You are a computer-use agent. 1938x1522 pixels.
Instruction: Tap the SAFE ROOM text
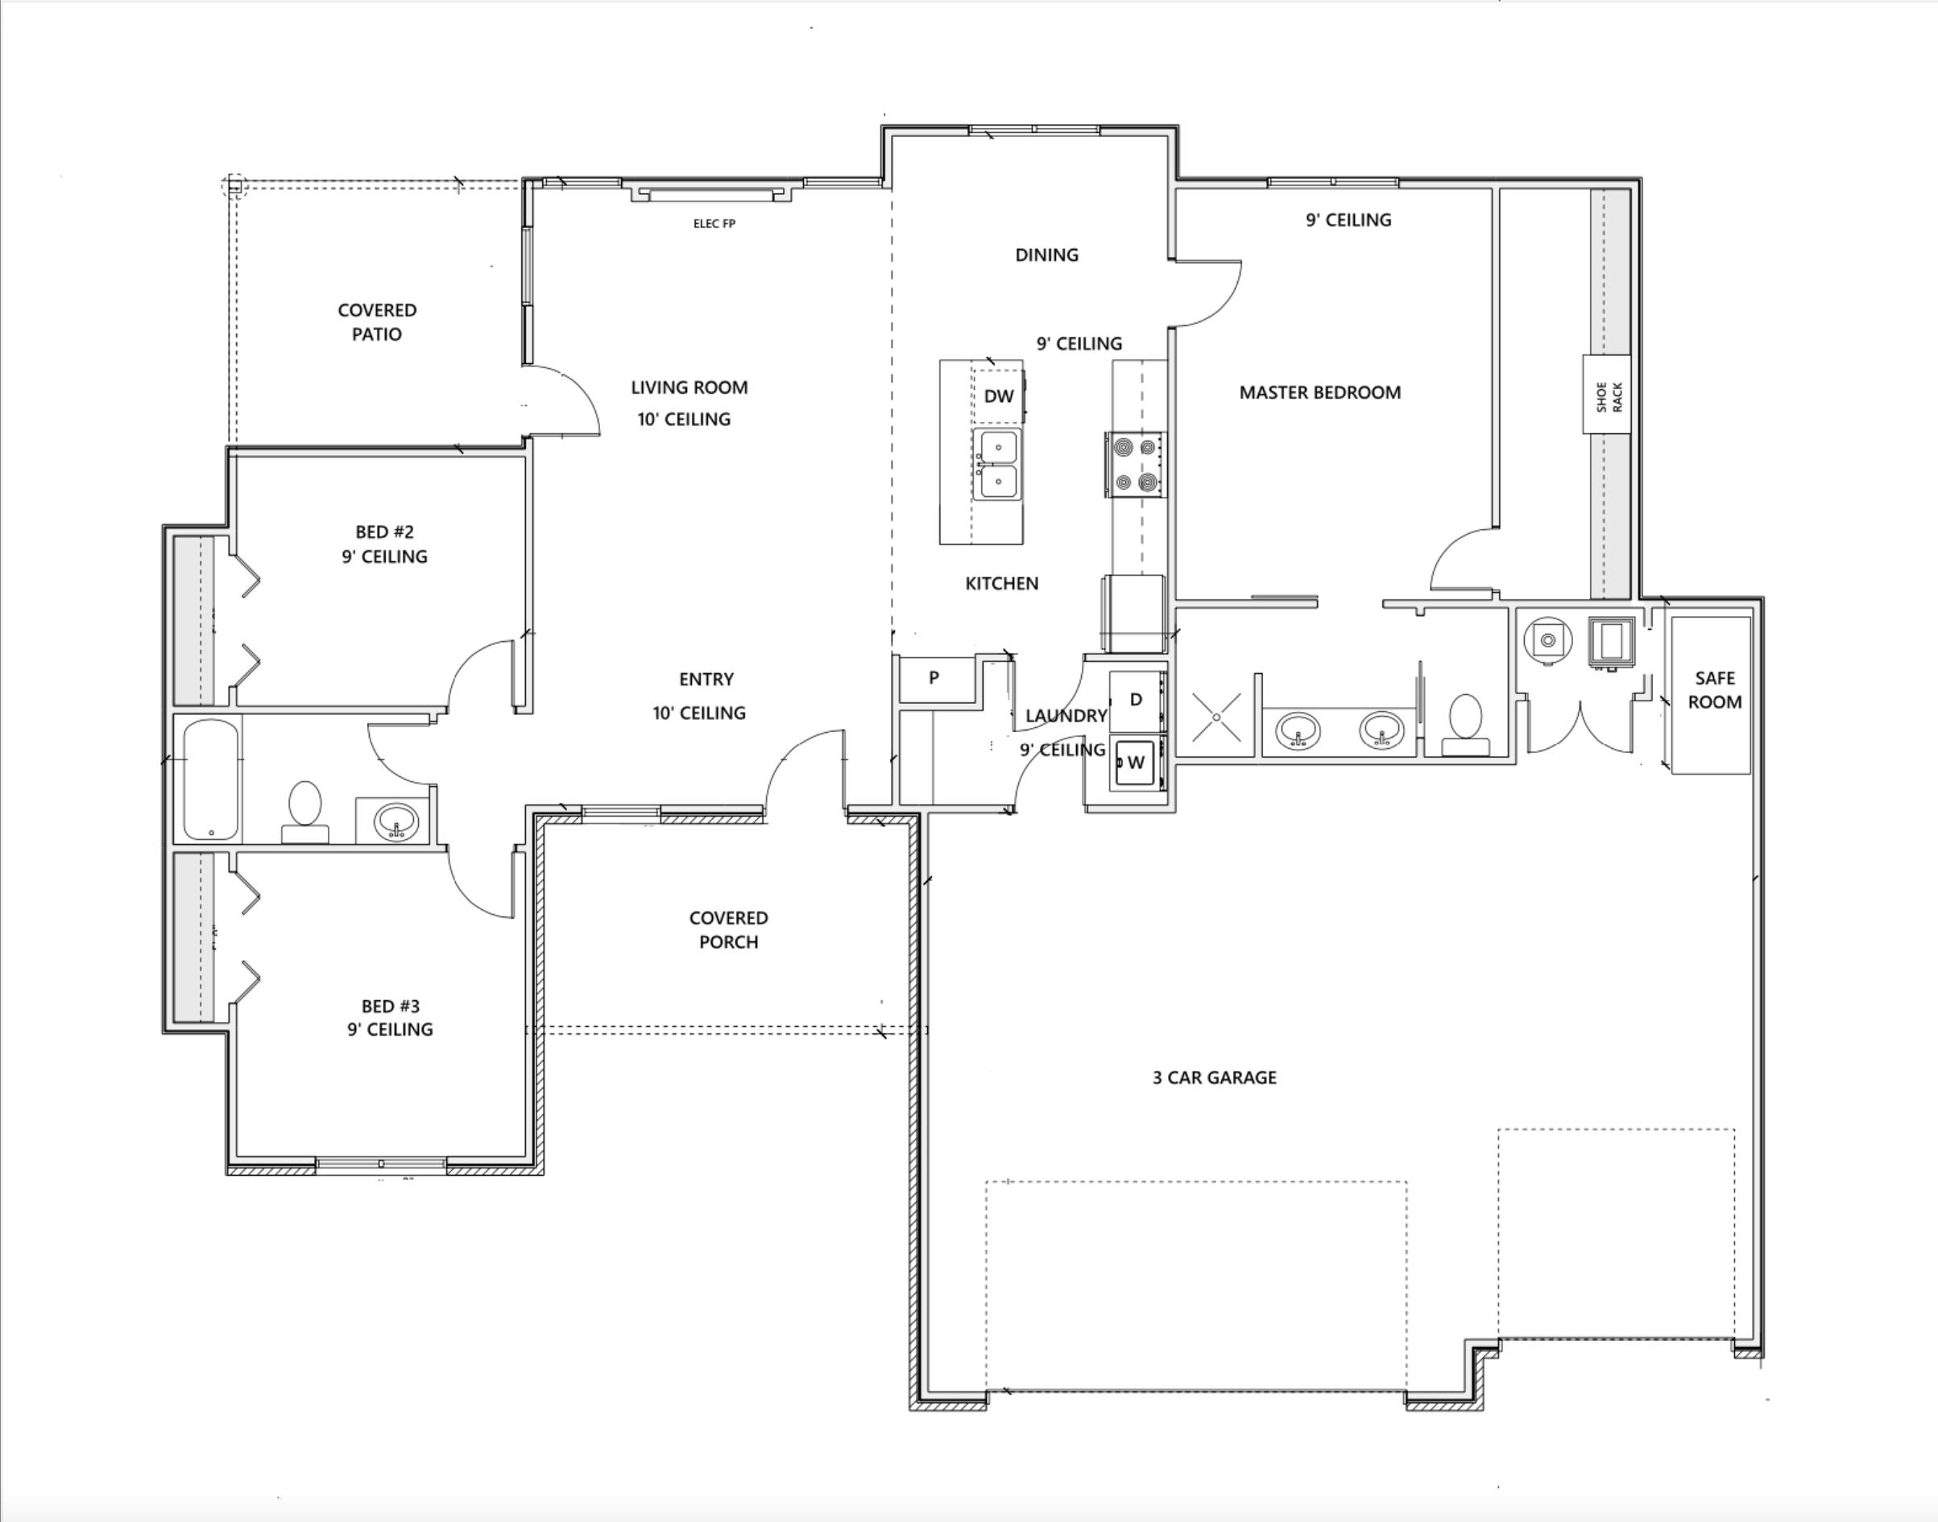1714,689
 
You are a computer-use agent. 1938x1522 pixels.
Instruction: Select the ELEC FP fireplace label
714,224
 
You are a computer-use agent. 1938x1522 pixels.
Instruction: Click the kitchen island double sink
996,465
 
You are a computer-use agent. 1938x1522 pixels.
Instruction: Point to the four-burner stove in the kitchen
1136,465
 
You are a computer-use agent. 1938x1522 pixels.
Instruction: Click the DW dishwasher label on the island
999,395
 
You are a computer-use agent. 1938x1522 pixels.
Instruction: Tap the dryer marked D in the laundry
1137,701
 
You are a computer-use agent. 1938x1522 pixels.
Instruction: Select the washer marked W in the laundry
1137,762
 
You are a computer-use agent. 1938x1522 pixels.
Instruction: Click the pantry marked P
934,678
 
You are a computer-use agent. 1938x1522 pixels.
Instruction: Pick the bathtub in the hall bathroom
211,780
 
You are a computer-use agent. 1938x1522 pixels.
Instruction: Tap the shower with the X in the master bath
1216,717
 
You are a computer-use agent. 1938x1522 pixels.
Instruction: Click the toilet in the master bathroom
1465,726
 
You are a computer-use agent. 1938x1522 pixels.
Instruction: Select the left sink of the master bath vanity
1298,730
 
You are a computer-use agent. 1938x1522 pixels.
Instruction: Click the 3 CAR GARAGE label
1214,1077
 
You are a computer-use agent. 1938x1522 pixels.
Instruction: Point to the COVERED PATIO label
377,321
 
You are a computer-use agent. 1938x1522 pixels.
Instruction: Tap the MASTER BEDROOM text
1319,392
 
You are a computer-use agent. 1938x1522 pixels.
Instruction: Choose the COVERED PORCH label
728,929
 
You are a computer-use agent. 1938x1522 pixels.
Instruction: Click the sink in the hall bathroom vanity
395,821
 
